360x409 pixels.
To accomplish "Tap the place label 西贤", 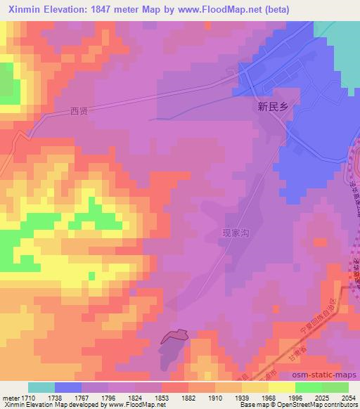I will coord(79,110).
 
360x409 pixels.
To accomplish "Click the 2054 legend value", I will coord(349,398).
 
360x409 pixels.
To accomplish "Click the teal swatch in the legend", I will coord(41,387).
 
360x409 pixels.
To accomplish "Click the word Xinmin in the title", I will coord(21,9).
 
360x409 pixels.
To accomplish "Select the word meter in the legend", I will coord(11,398).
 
